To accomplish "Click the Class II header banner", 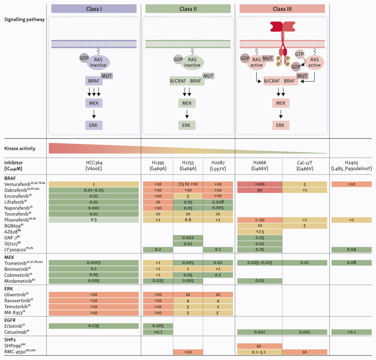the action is click(188, 9).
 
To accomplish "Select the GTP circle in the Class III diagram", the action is click(300, 54).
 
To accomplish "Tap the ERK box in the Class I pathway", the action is click(94, 125).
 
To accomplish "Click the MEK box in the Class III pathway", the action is click(281, 103).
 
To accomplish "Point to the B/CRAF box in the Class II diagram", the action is click(178, 81).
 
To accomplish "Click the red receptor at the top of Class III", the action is click(282, 27).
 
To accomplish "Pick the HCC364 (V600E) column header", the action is click(94, 165).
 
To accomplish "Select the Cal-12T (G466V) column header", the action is click(304, 165).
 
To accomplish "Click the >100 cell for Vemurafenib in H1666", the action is click(260, 184).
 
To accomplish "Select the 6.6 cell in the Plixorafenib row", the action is click(188, 220).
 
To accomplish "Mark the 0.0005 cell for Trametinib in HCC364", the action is click(94, 263).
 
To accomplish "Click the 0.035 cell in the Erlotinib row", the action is click(94, 326).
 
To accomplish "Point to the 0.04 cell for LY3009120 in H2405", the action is click(352, 250).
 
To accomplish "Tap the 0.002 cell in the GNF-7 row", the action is click(188, 238).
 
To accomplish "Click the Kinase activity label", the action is click(20, 148).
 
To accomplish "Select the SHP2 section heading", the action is click(10, 340).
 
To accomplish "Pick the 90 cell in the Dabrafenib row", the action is click(260, 190).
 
